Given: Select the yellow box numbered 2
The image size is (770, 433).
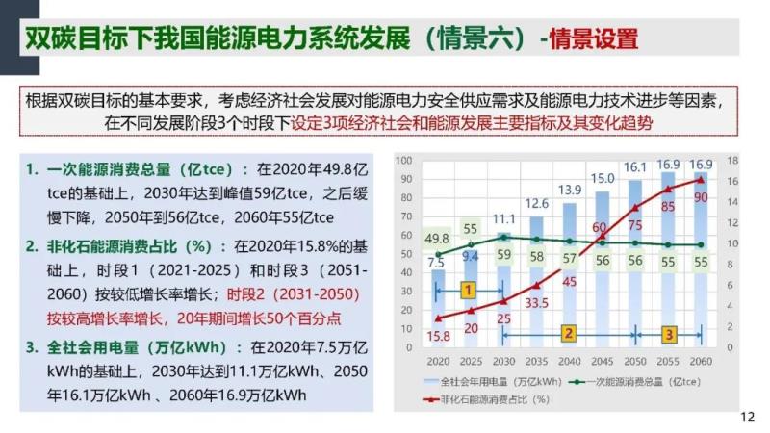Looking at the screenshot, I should click(569, 334).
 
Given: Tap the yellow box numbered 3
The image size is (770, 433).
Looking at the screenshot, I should click(668, 334).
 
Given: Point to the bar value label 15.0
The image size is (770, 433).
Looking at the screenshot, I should click(603, 178).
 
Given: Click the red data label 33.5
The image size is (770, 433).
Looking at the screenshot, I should click(536, 302).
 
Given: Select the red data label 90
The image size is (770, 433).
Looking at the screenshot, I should click(701, 197).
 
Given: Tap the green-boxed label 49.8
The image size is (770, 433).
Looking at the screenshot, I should click(437, 239).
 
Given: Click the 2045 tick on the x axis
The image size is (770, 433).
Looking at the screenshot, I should click(603, 360).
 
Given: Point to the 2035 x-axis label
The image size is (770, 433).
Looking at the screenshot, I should click(536, 360).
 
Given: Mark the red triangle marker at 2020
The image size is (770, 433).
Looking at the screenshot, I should click(438, 318).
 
